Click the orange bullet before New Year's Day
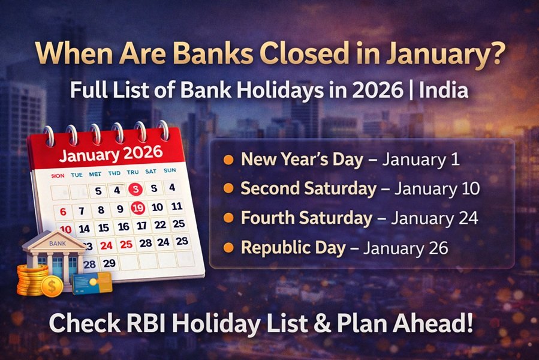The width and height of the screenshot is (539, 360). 228,160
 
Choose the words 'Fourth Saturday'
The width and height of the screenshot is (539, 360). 306,218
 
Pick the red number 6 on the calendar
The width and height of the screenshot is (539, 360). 64,212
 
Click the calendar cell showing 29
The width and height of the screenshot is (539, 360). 109,263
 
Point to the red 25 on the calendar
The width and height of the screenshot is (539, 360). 126,244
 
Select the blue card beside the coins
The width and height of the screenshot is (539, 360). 91,282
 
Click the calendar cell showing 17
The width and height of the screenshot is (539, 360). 141,226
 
